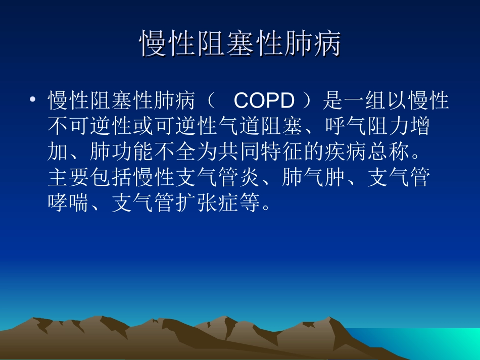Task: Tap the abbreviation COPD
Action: [x=264, y=101]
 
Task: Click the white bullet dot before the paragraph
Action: [x=33, y=100]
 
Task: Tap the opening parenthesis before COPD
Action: [x=211, y=101]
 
